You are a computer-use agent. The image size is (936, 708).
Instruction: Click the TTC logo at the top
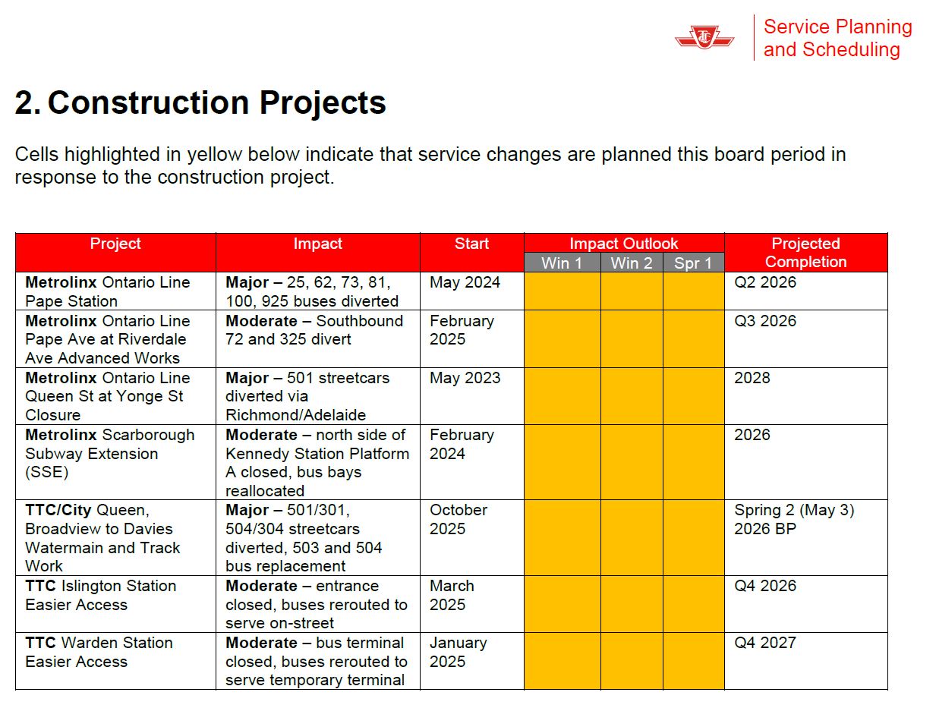click(704, 37)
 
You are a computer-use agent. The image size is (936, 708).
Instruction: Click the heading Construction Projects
click(201, 103)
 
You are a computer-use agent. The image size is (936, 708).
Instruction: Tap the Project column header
click(115, 244)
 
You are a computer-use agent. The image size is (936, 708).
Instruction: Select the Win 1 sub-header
click(561, 263)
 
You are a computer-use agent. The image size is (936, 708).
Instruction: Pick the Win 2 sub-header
click(631, 263)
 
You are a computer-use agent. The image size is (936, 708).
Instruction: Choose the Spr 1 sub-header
click(693, 263)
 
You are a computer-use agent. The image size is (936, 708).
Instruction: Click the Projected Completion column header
click(805, 253)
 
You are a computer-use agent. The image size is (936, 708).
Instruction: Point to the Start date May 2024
click(465, 283)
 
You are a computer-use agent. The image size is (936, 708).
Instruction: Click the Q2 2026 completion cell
click(765, 283)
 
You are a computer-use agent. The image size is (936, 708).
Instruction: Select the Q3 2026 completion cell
click(765, 321)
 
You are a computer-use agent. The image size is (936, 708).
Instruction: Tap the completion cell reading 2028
click(752, 378)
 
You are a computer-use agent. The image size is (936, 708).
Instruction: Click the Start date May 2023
click(465, 378)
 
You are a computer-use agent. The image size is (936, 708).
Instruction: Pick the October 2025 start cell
click(459, 519)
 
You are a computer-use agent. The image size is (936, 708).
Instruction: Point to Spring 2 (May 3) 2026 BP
click(794, 519)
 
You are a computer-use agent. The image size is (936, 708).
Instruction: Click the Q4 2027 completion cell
click(765, 643)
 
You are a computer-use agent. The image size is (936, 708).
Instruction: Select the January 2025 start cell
click(458, 652)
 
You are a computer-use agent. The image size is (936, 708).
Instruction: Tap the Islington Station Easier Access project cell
click(100, 596)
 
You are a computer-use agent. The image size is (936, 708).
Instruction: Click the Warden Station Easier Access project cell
click(99, 652)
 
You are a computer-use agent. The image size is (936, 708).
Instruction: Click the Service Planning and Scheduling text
click(837, 38)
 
